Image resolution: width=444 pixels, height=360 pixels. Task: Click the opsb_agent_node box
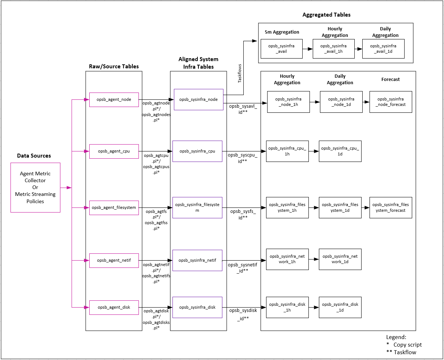[x=114, y=99]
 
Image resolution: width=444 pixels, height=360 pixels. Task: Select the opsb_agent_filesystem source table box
[x=114, y=208]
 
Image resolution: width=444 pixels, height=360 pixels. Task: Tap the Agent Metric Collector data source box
[x=35, y=187]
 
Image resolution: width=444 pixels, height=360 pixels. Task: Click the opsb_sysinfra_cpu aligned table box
[x=197, y=151]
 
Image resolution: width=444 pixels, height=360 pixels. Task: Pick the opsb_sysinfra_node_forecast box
[x=390, y=102]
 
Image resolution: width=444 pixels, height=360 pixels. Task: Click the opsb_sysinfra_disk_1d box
[x=340, y=307]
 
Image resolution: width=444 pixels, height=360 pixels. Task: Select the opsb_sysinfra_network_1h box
[x=287, y=259]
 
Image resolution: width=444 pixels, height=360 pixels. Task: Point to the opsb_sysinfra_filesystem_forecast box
[x=390, y=207]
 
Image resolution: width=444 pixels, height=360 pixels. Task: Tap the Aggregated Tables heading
[x=326, y=15]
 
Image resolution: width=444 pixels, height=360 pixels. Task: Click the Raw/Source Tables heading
[x=114, y=67]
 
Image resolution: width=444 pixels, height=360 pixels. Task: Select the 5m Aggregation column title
[x=282, y=32]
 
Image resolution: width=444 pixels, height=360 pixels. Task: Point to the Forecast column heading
[x=390, y=79]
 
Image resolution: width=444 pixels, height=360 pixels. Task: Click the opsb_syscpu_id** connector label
[x=242, y=158]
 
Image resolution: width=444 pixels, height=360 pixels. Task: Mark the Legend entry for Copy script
[x=404, y=345]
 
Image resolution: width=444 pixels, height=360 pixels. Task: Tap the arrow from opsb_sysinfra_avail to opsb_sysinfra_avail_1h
[x=307, y=49]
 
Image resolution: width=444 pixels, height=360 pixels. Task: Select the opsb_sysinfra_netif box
[x=197, y=260]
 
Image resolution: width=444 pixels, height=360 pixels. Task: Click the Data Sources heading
[x=34, y=156]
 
